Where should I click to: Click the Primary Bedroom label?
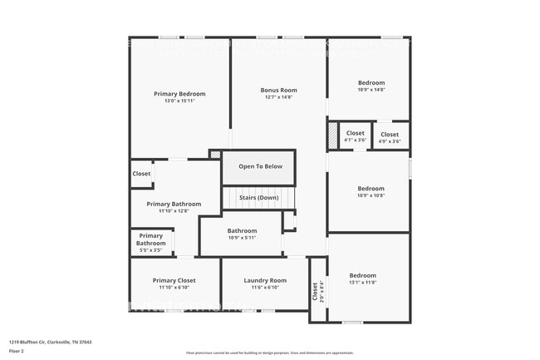pos(179,94)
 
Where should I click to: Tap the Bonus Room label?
pos(278,90)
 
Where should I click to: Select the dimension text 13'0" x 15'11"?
pos(179,101)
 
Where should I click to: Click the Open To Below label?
pos(260,166)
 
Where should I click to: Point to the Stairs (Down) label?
pos(258,198)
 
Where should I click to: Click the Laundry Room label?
pos(265,280)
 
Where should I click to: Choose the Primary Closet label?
pos(174,280)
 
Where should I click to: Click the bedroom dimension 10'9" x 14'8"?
pos(371,90)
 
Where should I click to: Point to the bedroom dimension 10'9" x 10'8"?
pos(371,196)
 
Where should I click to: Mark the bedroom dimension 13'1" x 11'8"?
pos(363,283)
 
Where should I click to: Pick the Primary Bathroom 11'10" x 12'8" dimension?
pos(174,211)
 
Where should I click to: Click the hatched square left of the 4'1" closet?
pos(332,135)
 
